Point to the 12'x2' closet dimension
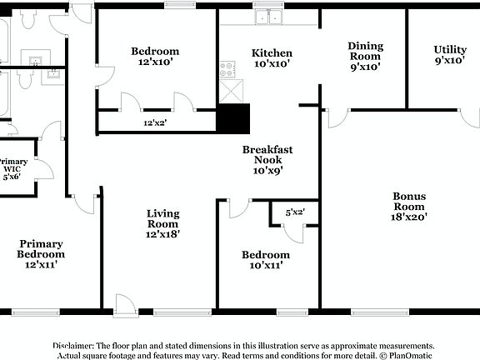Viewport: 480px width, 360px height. (x=154, y=123)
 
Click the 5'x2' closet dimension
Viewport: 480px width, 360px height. (x=295, y=212)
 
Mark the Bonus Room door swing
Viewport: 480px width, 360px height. (x=337, y=117)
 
